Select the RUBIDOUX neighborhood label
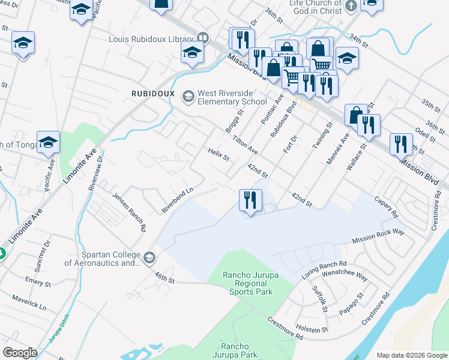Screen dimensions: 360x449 tap(153, 94)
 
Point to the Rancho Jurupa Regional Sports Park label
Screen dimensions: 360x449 tap(248, 283)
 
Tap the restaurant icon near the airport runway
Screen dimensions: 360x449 tap(250, 200)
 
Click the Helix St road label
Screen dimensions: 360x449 tap(218, 155)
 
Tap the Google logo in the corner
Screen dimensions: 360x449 tap(20, 353)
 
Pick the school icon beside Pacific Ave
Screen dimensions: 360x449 tap(48, 143)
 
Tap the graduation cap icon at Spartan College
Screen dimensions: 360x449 tap(148, 259)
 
